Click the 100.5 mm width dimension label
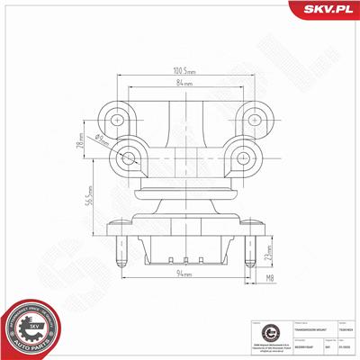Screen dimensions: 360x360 click(x=185, y=69)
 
